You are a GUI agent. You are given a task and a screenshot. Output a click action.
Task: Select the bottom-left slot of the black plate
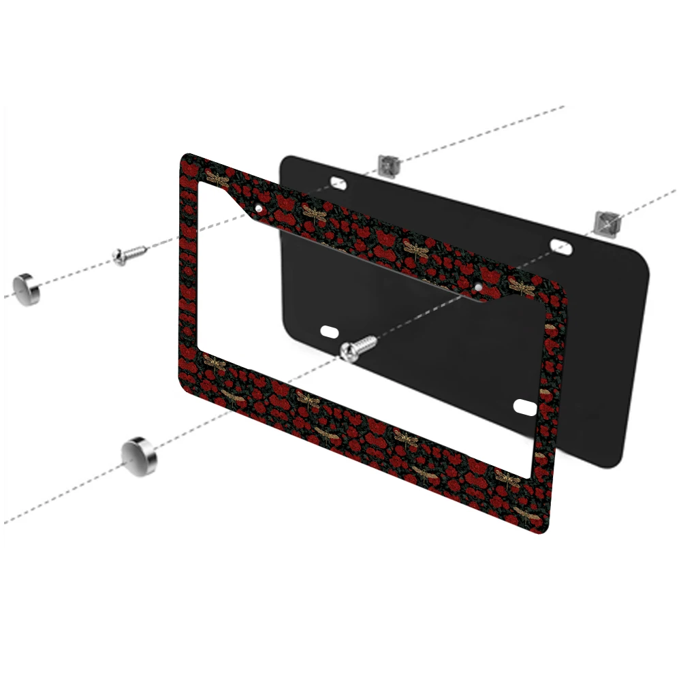pyautogui.click(x=329, y=332)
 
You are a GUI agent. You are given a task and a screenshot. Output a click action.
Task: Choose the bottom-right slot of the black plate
pyautogui.click(x=526, y=407)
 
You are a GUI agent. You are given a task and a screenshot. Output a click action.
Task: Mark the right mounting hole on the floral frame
pyautogui.click(x=479, y=287)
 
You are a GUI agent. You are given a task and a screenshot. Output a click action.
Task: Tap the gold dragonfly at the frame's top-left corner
pyautogui.click(x=217, y=179)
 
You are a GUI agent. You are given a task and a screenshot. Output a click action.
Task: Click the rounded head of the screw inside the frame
pyautogui.click(x=349, y=351)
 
